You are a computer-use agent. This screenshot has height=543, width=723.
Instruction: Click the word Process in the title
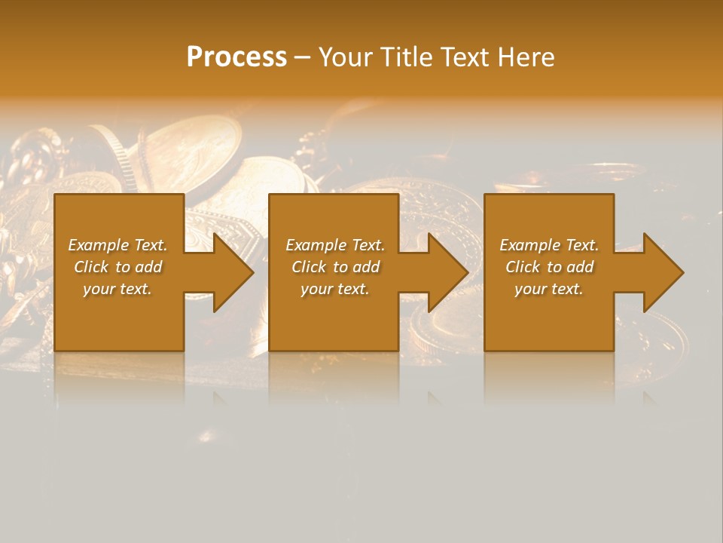pos(236,57)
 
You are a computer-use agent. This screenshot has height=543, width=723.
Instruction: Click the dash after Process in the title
pos(303,58)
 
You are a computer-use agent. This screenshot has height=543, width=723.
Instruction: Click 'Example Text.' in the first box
pos(117,245)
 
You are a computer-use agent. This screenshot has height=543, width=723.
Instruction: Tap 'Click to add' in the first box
pos(117,267)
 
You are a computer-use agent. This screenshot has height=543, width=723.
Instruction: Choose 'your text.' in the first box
pos(117,289)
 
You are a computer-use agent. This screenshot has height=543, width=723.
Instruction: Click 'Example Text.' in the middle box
pos(334,245)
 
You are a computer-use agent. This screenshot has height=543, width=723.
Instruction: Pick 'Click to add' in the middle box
pos(334,267)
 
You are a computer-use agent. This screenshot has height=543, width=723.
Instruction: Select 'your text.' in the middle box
pos(334,289)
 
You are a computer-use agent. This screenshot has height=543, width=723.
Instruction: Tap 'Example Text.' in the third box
pos(549,245)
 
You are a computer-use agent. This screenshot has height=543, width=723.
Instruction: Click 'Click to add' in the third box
pos(549,267)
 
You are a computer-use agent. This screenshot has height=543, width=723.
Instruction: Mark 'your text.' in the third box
pos(549,289)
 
